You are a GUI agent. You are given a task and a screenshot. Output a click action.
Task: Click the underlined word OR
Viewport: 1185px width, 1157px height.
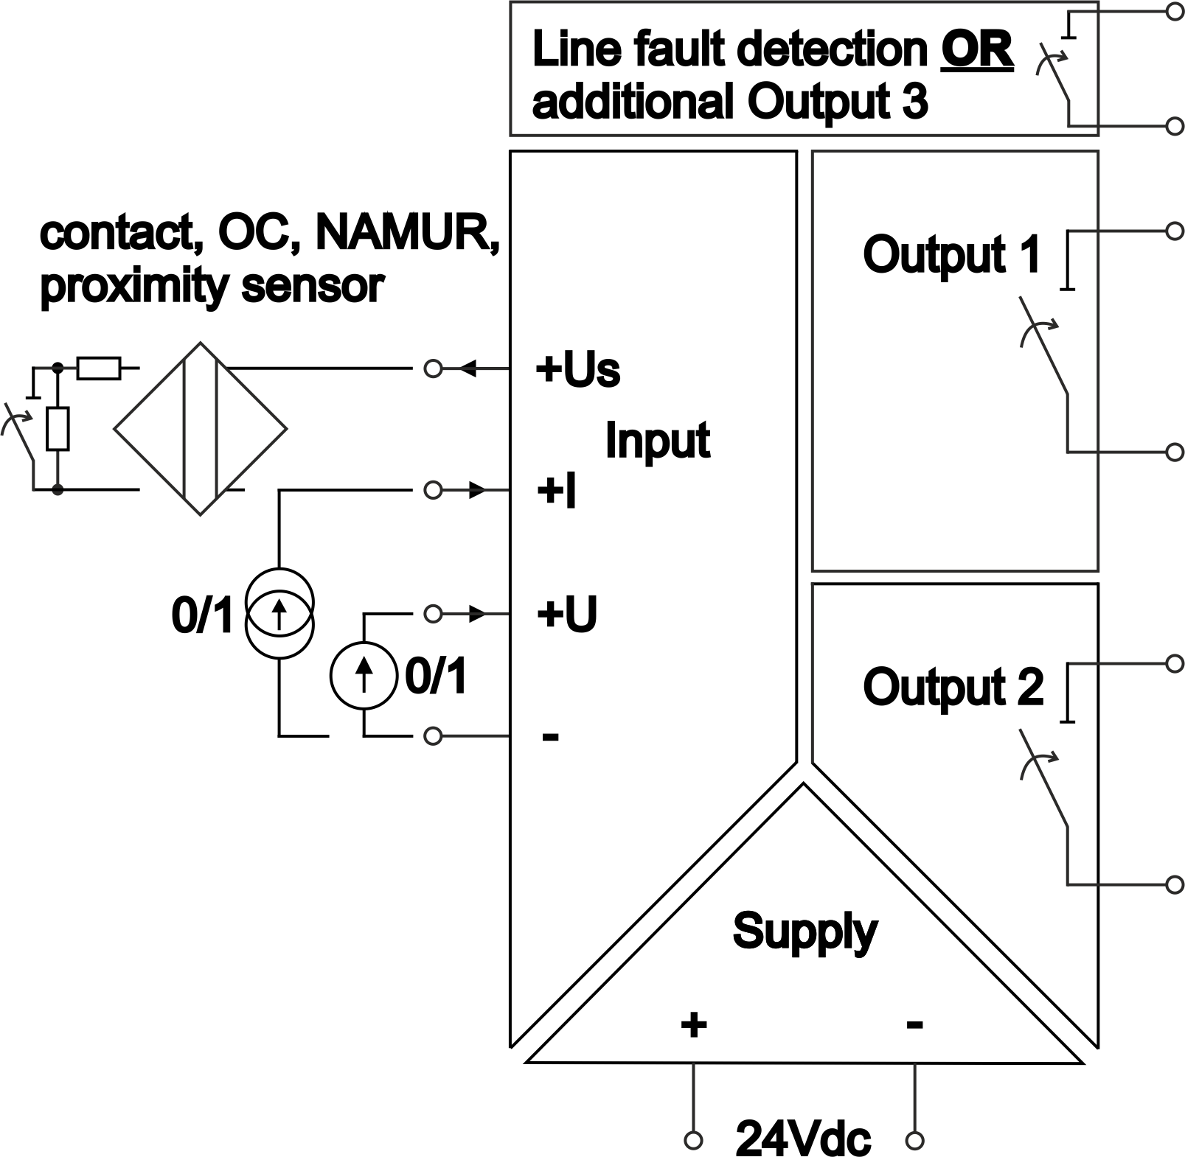click(976, 50)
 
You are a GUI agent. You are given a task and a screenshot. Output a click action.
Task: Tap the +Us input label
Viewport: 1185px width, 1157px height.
click(577, 370)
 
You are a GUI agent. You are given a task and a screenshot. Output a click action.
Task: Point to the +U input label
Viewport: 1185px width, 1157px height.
click(566, 614)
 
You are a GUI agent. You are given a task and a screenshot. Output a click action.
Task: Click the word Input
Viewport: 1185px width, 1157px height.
click(657, 441)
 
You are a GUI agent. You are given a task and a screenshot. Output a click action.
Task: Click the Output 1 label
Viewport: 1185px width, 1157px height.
click(951, 255)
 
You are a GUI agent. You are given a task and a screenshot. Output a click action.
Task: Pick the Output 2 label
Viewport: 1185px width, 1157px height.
click(953, 687)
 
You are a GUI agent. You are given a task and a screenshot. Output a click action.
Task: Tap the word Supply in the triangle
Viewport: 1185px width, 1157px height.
click(805, 931)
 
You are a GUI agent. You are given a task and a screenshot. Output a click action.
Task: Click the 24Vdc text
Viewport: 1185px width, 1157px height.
click(803, 1139)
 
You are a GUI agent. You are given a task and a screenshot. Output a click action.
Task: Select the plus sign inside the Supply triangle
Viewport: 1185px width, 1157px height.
click(693, 1024)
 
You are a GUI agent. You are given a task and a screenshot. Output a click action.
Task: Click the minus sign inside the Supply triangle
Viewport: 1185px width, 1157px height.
click(915, 1024)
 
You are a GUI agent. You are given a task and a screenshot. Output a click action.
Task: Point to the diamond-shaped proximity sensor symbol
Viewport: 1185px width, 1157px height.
click(200, 429)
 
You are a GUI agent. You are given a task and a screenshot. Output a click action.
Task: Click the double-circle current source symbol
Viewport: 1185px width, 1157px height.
click(279, 613)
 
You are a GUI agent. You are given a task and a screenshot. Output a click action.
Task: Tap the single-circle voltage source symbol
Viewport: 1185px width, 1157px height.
click(364, 675)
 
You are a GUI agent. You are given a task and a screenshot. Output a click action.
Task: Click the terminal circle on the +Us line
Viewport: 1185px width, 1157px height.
click(434, 368)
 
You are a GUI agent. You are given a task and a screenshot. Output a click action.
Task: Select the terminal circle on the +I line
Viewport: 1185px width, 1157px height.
click(434, 490)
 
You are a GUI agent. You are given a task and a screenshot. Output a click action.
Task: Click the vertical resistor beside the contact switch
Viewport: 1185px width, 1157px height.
click(58, 428)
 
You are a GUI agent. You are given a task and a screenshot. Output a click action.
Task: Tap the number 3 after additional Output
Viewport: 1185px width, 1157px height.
click(914, 102)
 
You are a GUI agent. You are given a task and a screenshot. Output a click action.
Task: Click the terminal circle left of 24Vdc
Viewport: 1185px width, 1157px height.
click(693, 1141)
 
